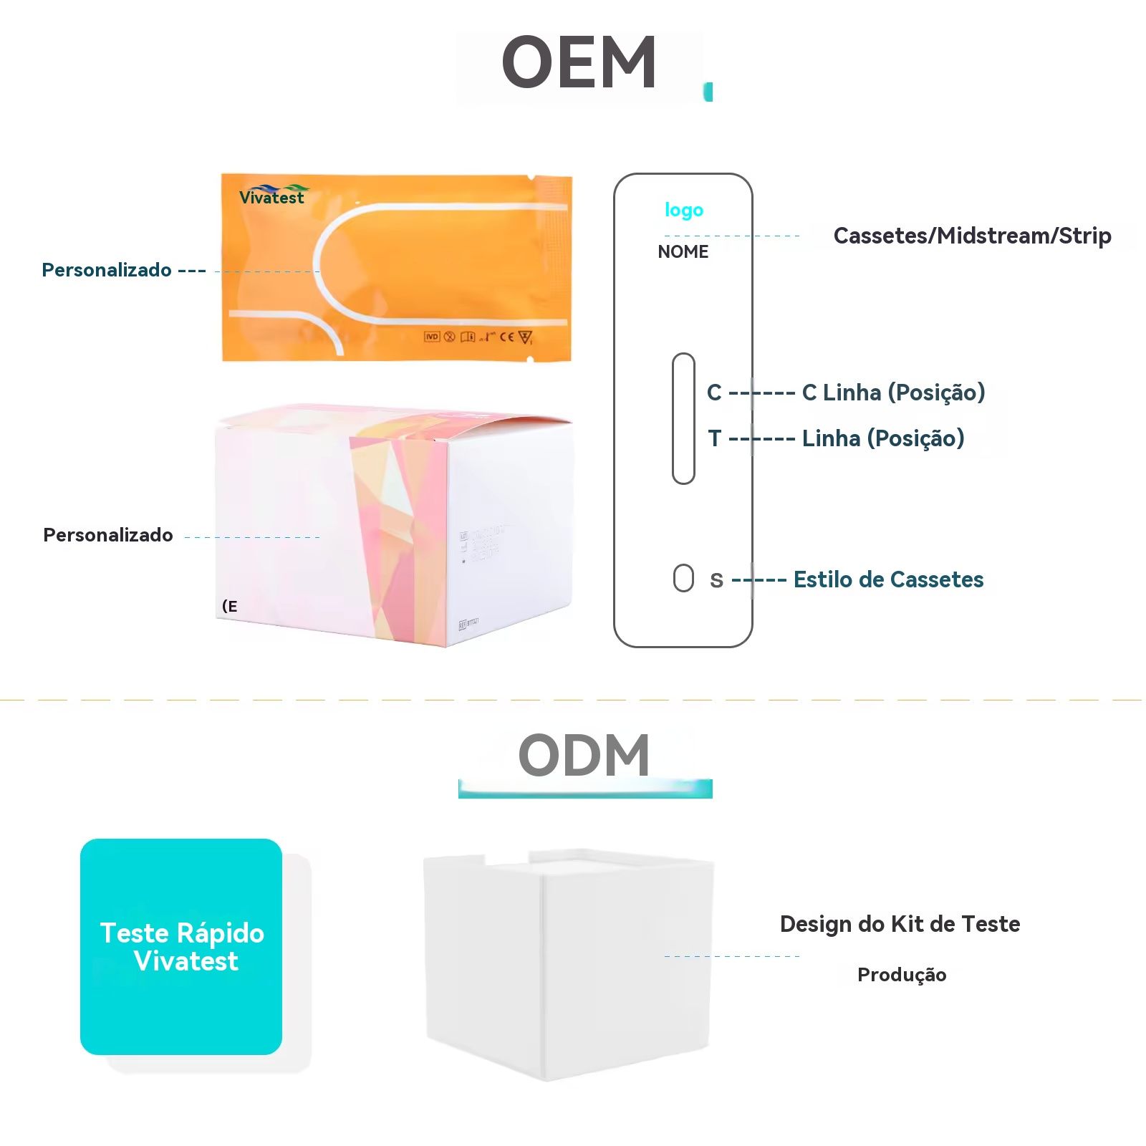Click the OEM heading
pos(579,63)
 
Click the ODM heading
pos(584,756)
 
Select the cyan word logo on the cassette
pos(684,210)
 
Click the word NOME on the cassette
pos(683,252)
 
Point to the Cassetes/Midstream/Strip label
pos(972,236)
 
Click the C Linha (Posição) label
pos(893,393)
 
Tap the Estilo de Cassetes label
pos(888,579)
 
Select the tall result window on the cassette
pos(683,418)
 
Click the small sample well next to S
pos(683,578)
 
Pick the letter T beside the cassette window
pos(714,438)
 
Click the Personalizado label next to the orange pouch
pos(107,270)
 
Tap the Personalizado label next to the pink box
pos(108,535)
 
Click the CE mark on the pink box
pos(230,607)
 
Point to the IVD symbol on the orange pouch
pos(431,337)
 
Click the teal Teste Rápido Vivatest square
pos(181,946)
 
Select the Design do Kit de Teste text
pos(900,924)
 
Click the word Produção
pos(902,975)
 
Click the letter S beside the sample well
pos(716,580)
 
